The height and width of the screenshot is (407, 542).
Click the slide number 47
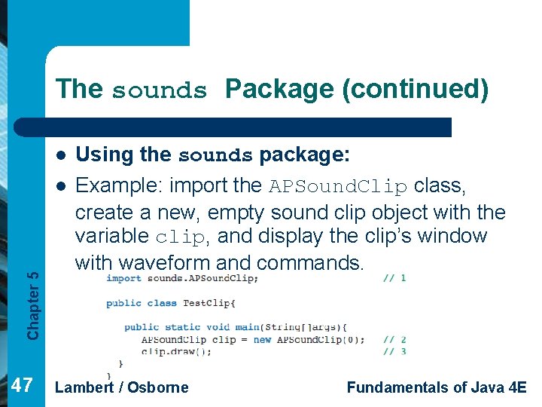pos(23,387)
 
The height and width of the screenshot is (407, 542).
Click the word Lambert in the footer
pos(85,387)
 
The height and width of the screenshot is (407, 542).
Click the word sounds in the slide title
pos(159,91)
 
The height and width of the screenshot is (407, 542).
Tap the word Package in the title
pos(279,89)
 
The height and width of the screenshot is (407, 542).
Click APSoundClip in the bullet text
pos(338,186)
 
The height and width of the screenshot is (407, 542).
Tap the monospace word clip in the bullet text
pos(179,237)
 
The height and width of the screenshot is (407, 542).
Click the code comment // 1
pos(394,278)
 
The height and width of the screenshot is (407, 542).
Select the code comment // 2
pos(394,340)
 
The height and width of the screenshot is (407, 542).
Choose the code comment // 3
pos(394,351)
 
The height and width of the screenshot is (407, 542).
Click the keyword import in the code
pos(123,278)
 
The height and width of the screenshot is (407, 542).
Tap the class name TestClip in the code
pos(208,303)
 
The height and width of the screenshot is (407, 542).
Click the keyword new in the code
pos(262,340)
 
